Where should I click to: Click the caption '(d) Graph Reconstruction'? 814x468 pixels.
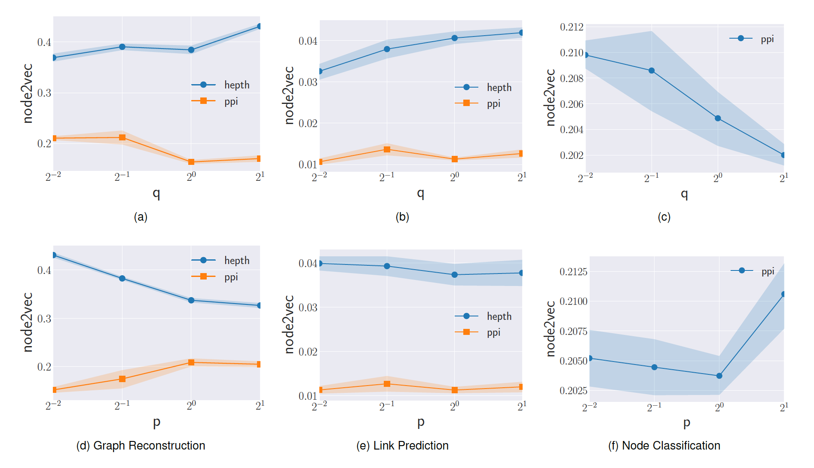click(141, 446)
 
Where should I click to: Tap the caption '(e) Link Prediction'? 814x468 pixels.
click(402, 446)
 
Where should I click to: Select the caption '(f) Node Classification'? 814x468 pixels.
click(664, 446)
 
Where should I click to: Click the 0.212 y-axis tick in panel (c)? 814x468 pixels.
click(572, 27)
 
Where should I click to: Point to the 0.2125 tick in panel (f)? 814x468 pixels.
click(573, 272)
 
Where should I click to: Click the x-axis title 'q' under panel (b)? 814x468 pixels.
click(421, 193)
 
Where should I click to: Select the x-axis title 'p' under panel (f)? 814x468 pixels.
click(687, 423)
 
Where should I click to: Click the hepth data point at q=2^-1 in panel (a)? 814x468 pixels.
click(122, 47)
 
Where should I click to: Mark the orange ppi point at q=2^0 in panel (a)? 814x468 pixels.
click(191, 162)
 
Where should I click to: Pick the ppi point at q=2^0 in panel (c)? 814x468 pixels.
click(718, 118)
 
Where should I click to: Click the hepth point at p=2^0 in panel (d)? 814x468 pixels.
click(191, 300)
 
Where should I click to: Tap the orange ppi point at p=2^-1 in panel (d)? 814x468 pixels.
click(122, 379)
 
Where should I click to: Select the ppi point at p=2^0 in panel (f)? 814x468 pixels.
click(719, 376)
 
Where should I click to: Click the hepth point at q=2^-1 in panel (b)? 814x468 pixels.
click(387, 49)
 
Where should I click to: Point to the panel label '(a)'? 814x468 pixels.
click(141, 217)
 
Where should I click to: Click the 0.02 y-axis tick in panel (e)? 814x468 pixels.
click(308, 352)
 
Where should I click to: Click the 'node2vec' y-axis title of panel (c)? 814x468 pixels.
click(551, 97)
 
